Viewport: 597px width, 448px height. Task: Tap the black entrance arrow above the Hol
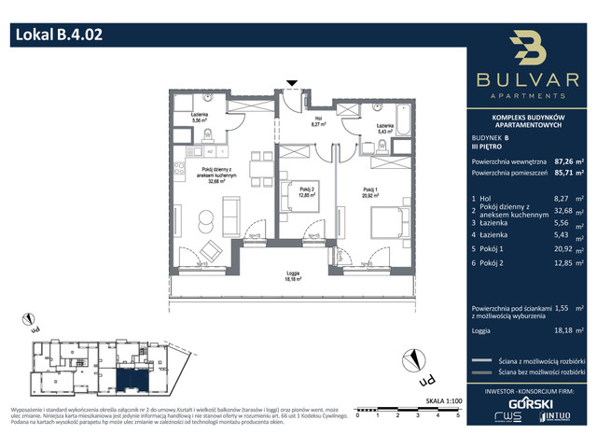click(x=293, y=84)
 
